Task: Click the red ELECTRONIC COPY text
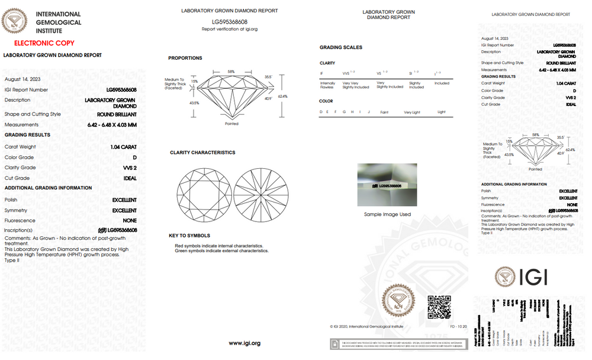[44, 43]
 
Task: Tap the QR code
[439, 307]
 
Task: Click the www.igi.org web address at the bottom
[244, 343]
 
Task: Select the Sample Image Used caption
[387, 214]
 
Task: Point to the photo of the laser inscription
[387, 184]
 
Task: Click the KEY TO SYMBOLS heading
[189, 236]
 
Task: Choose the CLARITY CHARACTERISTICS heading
[202, 153]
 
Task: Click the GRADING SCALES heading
[341, 47]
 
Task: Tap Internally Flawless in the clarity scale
[327, 85]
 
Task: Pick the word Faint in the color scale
[384, 112]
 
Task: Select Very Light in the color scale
[411, 112]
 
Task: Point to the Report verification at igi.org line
[230, 29]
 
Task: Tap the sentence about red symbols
[219, 246]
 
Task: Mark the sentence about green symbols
[221, 251]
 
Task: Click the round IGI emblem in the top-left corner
[15, 22]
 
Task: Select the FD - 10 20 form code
[459, 326]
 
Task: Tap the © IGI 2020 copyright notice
[366, 326]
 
